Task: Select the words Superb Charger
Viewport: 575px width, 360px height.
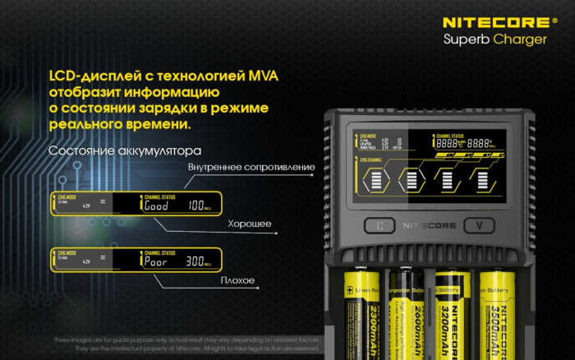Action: coord(494,39)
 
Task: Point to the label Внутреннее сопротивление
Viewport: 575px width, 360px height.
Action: coord(251,168)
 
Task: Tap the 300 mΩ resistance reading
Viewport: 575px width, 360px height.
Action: coord(198,261)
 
